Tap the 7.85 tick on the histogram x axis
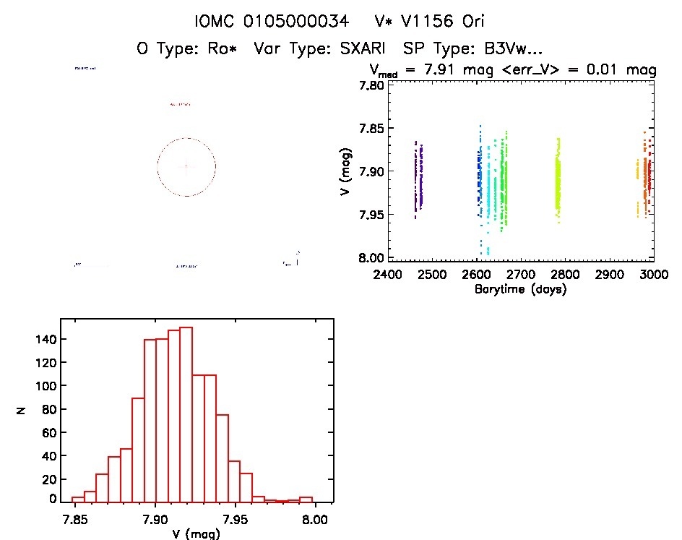[72, 519]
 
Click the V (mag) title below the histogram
[192, 534]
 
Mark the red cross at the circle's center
[186, 166]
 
